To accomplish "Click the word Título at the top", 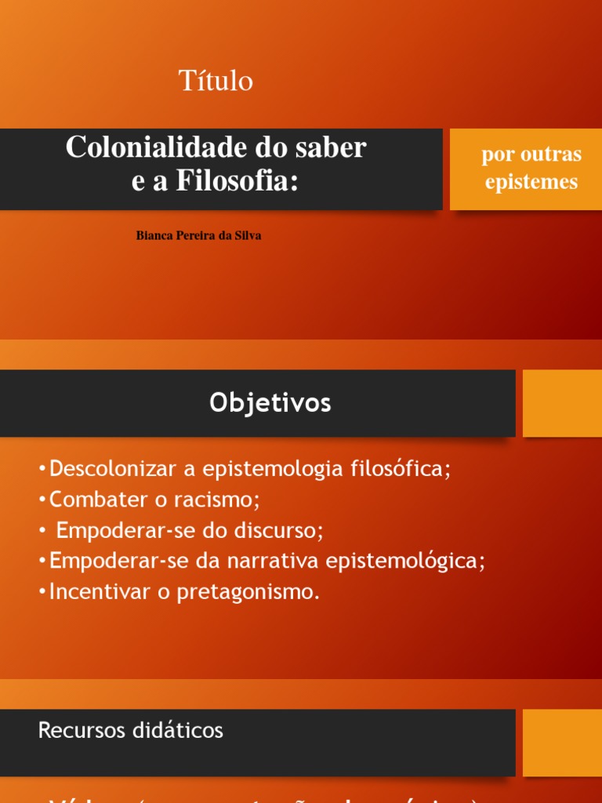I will [216, 81].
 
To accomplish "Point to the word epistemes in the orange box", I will [531, 182].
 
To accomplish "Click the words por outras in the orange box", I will [531, 154].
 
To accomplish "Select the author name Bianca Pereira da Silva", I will [198, 236].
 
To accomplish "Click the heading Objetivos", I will [270, 403].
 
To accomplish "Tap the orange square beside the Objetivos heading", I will [562, 403].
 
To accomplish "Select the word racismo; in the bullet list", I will [216, 500].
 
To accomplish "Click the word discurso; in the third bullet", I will [281, 530].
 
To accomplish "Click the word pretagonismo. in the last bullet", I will [249, 592].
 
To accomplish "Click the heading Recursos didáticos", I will [130, 731].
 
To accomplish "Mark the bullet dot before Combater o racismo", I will [41, 500].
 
